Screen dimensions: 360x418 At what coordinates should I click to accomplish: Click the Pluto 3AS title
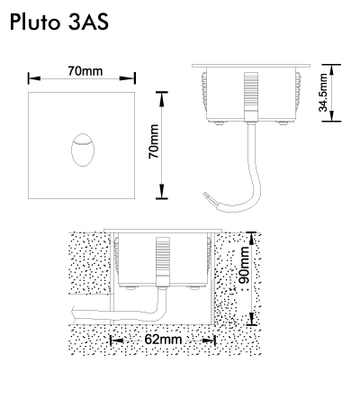point(59,22)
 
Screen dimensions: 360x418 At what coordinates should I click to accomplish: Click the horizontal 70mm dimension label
point(85,71)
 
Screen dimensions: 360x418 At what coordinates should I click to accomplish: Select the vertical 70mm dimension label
point(154,141)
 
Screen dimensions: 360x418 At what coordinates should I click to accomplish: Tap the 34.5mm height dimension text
point(323,92)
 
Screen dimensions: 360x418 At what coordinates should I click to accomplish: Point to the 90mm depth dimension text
point(244,265)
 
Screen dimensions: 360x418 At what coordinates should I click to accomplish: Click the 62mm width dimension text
point(163,340)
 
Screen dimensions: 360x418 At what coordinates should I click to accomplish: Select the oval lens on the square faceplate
point(83,150)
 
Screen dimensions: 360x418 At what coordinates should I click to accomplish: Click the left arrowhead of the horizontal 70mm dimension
point(34,78)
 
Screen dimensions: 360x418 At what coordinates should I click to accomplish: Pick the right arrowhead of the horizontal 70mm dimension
point(128,78)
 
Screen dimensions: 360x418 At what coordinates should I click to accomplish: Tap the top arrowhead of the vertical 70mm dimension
point(162,99)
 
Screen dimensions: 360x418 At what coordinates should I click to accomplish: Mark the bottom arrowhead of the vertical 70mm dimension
point(162,191)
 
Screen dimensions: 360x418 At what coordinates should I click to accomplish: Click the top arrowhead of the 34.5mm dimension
point(331,70)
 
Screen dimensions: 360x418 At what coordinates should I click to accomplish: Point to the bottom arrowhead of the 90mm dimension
point(252,318)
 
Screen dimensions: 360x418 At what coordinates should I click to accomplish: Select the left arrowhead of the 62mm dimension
point(117,341)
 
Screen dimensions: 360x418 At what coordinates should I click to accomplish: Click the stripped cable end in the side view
point(207,196)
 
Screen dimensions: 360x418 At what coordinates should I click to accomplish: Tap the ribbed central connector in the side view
point(251,96)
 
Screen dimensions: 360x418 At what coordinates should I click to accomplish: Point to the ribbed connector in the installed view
point(163,261)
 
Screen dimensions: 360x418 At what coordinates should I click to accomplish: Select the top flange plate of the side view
point(251,66)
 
